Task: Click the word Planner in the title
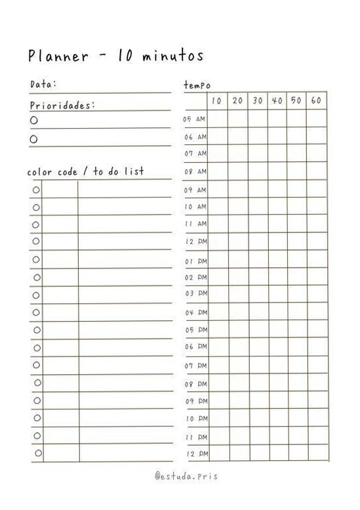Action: click(x=58, y=56)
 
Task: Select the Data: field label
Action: click(x=43, y=84)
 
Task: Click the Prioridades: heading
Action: click(x=62, y=105)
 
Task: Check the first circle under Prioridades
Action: click(x=34, y=120)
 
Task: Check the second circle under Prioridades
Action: click(x=34, y=138)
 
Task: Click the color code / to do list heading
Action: click(x=85, y=172)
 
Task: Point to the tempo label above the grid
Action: click(x=197, y=85)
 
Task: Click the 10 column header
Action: click(x=217, y=100)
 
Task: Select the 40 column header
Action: click(x=277, y=100)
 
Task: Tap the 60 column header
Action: click(x=316, y=100)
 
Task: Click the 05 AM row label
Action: click(x=195, y=119)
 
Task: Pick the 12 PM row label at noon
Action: click(x=195, y=242)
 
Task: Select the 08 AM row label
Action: click(x=195, y=171)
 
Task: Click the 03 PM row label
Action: click(x=195, y=293)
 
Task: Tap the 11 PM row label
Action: click(x=195, y=436)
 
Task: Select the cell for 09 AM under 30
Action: click(x=257, y=189)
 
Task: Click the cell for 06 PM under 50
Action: click(x=296, y=346)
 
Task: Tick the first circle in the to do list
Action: click(x=36, y=190)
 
